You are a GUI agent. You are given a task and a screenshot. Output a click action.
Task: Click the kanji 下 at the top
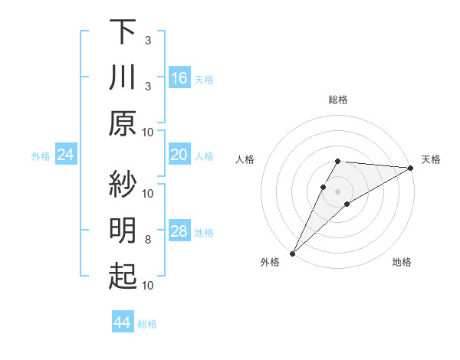click(x=122, y=31)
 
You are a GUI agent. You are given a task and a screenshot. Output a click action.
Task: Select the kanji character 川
click(x=122, y=77)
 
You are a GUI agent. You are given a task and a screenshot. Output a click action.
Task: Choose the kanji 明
click(x=122, y=231)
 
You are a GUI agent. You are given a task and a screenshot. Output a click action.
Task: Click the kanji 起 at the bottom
click(x=122, y=277)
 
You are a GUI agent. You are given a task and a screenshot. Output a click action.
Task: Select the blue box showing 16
click(x=179, y=78)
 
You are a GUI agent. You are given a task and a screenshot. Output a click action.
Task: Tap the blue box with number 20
click(x=179, y=155)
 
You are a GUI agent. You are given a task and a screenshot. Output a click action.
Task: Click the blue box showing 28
click(x=179, y=232)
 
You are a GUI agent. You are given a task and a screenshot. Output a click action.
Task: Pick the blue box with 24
click(x=65, y=155)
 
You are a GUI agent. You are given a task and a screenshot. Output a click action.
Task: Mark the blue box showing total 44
click(x=122, y=323)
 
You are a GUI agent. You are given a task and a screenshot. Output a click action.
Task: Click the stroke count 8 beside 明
click(x=148, y=240)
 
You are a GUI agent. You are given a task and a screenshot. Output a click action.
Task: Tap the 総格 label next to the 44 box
click(x=147, y=324)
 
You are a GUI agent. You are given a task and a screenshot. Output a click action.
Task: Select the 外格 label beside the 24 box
click(x=41, y=156)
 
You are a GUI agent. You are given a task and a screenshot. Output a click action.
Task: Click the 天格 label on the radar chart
click(x=431, y=159)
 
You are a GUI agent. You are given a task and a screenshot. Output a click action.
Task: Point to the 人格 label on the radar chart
click(x=245, y=159)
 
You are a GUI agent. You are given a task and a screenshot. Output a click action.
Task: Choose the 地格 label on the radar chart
click(x=402, y=262)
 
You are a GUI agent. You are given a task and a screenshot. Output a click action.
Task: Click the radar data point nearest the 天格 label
click(x=411, y=168)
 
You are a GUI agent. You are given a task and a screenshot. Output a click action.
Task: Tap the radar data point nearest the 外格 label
click(x=292, y=253)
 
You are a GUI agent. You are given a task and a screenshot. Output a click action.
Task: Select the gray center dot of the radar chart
click(x=337, y=190)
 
